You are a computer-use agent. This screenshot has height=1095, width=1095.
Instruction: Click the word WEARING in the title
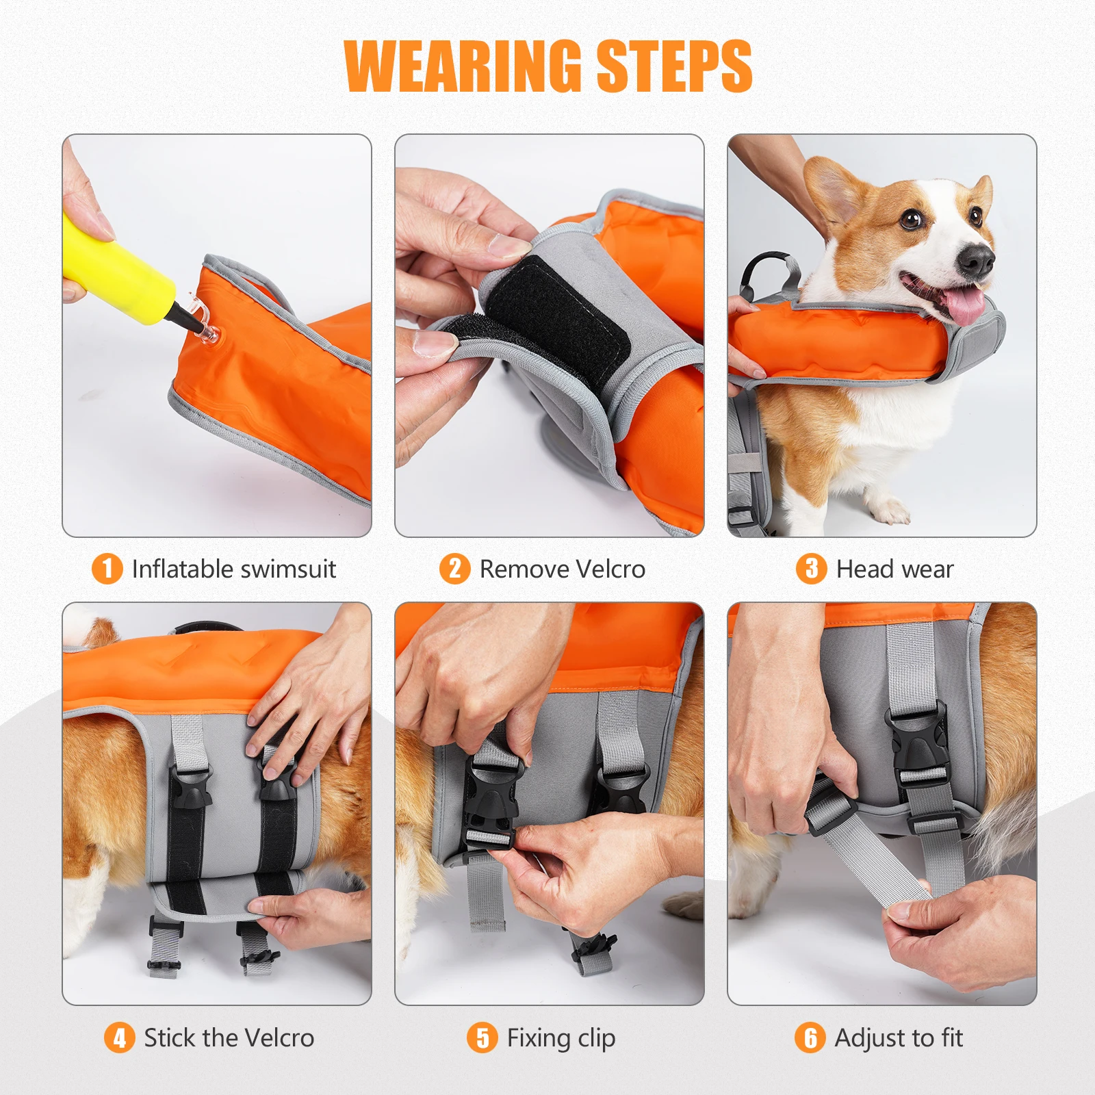(x=463, y=66)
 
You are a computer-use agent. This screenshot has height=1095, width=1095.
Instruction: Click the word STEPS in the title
(x=675, y=66)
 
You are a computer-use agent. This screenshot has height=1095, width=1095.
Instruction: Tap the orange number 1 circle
(x=107, y=569)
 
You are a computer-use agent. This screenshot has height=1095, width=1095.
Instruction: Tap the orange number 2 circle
(x=455, y=569)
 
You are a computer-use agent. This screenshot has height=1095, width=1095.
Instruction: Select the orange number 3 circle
(x=812, y=569)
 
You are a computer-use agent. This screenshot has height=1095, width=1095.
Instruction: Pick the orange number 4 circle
(x=120, y=1038)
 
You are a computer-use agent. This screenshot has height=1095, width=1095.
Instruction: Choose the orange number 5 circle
(x=482, y=1038)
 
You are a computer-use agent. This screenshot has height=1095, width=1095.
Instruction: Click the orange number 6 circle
(x=810, y=1038)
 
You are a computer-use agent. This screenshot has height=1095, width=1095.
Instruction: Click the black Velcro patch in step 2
(x=554, y=315)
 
